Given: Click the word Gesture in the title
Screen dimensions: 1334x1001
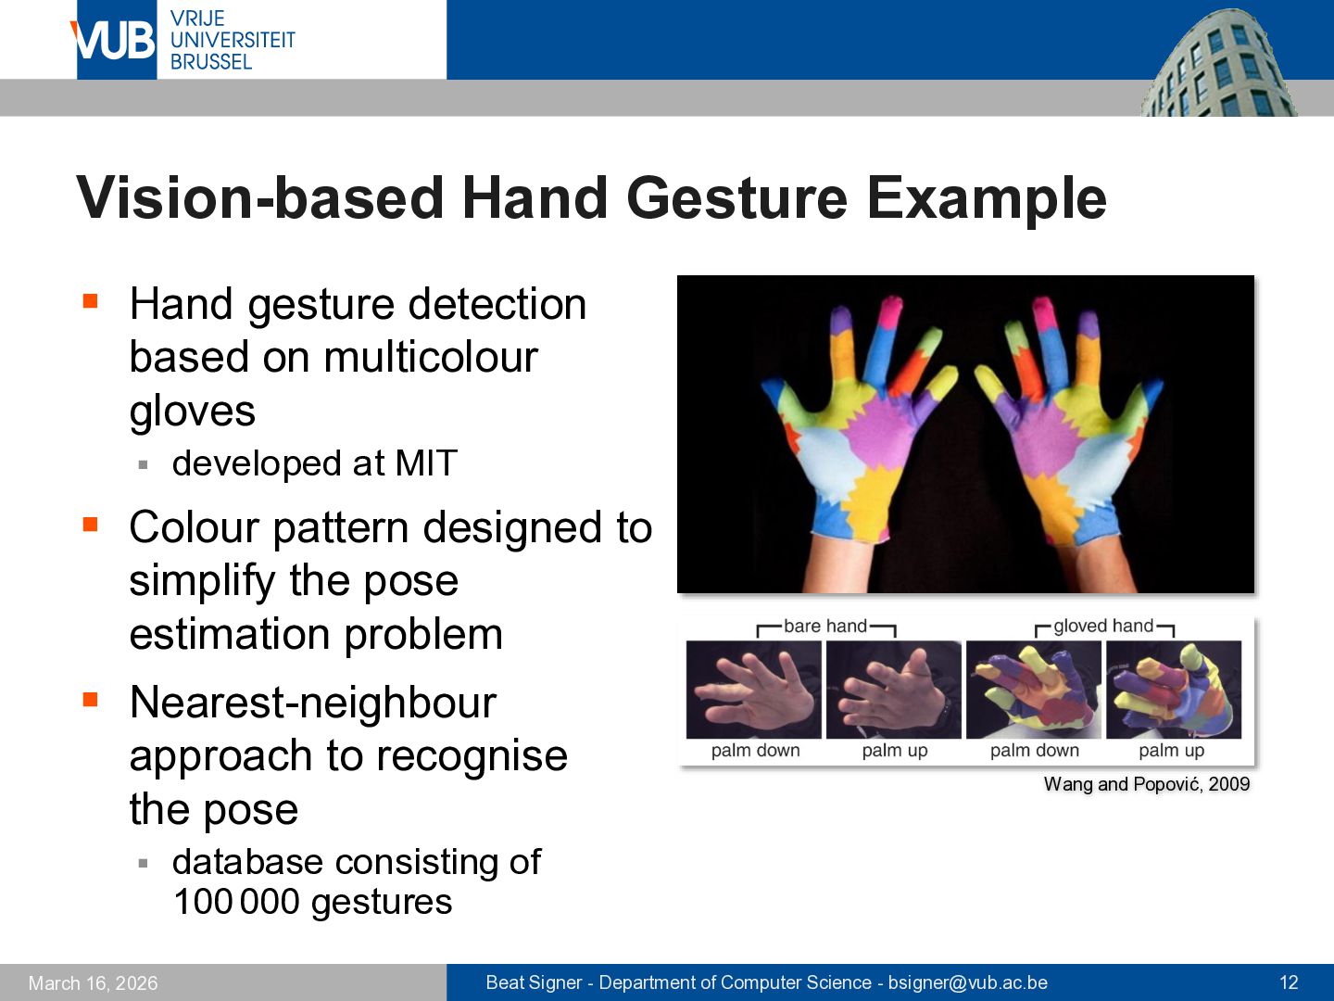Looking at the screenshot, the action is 736,198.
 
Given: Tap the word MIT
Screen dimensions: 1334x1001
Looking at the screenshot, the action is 425,463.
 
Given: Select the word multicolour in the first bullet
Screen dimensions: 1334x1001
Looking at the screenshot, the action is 431,357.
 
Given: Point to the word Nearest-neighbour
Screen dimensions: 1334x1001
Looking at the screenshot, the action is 313,702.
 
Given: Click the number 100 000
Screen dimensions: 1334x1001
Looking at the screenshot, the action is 236,901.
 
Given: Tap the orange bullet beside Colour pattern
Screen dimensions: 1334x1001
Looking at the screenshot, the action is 91,524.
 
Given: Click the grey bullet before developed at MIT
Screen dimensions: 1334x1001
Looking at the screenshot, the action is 144,465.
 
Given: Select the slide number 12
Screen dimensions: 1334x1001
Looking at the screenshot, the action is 1289,982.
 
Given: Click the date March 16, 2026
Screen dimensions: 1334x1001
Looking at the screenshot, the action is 93,983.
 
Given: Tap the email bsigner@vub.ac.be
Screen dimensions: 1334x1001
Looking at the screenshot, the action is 967,982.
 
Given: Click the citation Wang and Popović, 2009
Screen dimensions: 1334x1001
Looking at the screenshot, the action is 1147,784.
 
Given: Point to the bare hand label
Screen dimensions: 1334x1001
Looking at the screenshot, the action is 824,626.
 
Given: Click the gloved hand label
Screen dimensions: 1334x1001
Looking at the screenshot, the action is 1103,626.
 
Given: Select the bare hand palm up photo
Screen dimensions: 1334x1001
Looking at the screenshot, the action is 894,690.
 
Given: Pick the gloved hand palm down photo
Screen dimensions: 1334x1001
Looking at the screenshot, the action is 1034,690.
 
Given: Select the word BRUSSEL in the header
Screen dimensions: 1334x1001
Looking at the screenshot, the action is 211,62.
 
